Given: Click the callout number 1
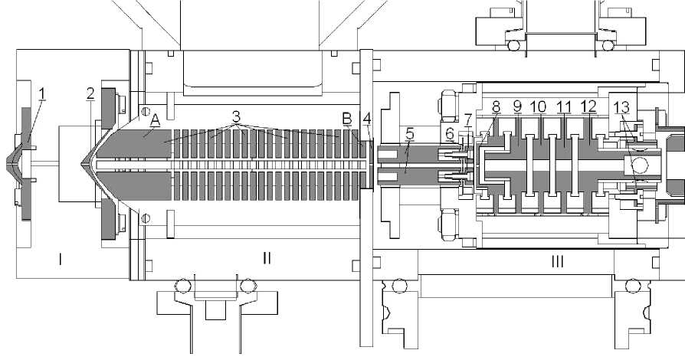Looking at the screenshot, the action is (x=42, y=93).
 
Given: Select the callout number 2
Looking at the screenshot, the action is (x=90, y=93).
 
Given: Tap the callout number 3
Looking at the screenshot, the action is (x=236, y=117).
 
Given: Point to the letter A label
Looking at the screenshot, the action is (x=155, y=119).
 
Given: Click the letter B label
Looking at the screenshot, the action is (x=347, y=119).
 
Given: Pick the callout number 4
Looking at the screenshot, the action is (x=367, y=119).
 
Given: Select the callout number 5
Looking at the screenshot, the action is (x=409, y=133).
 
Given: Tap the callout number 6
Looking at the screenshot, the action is (x=450, y=134).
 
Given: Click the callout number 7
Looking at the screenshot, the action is (x=468, y=119).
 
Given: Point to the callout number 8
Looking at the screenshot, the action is (x=496, y=106).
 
